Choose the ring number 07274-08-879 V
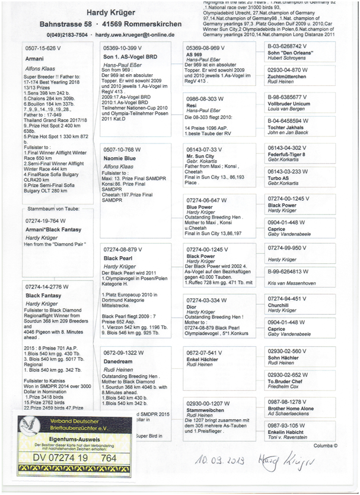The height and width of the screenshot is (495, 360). click(x=124, y=250)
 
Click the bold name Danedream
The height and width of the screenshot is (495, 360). click(x=118, y=361)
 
